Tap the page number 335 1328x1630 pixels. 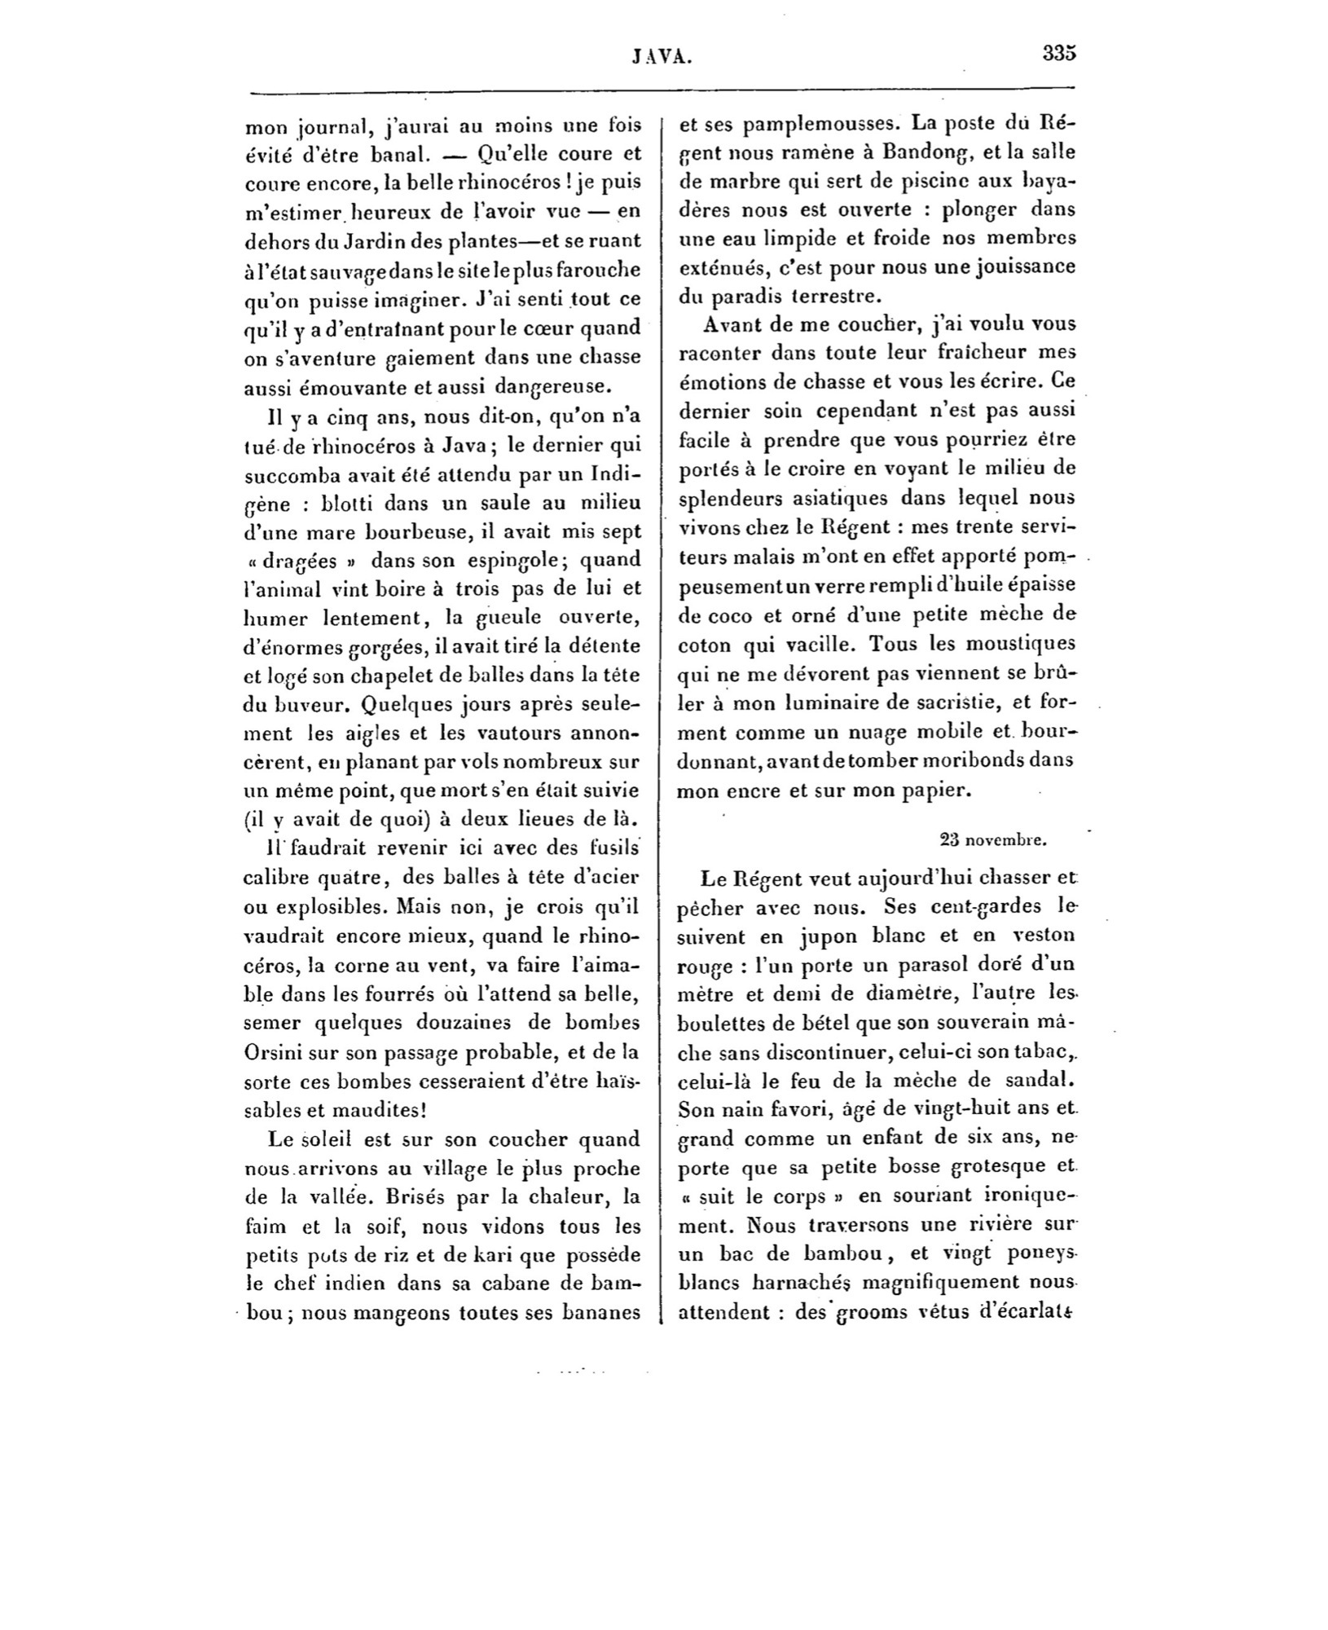1058,54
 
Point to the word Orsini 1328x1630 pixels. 279,1051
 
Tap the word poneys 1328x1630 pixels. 1035,1253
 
